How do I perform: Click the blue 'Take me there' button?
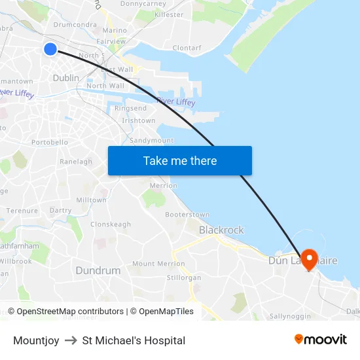(179, 160)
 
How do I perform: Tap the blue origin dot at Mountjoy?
(50, 49)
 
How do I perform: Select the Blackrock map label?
(221, 230)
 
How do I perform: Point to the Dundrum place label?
(98, 270)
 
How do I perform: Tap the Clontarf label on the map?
(187, 48)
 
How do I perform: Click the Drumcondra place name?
(75, 25)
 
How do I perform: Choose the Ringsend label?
(130, 108)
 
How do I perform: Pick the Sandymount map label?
(151, 140)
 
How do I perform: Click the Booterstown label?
(187, 215)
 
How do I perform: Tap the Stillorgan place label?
(184, 278)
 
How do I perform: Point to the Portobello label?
(50, 142)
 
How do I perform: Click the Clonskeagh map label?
(111, 224)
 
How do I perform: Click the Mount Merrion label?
(158, 264)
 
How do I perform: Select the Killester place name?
(170, 14)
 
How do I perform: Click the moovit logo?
(320, 340)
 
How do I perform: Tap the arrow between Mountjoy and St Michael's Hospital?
(71, 340)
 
